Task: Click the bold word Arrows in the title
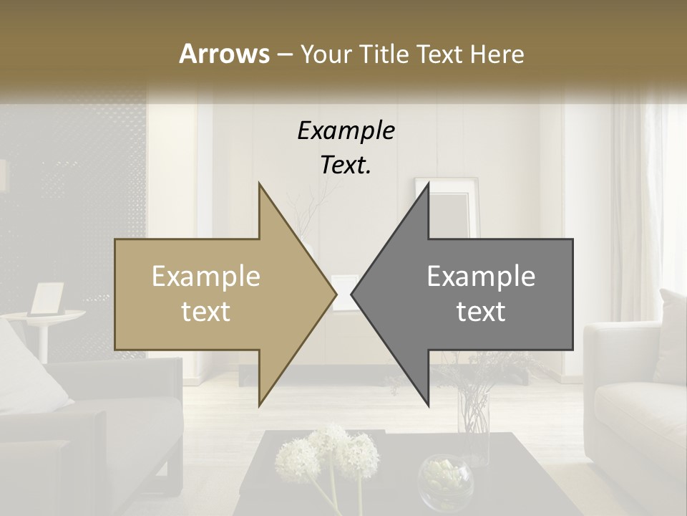point(224,54)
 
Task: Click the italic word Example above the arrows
point(346,131)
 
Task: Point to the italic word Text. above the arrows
point(346,166)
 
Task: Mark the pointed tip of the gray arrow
point(354,294)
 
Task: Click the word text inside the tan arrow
point(205,312)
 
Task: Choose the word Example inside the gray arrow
point(481,277)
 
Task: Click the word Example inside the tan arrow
point(205,277)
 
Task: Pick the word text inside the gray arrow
point(481,312)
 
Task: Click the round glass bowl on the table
point(445,479)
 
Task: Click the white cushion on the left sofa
point(29,365)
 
